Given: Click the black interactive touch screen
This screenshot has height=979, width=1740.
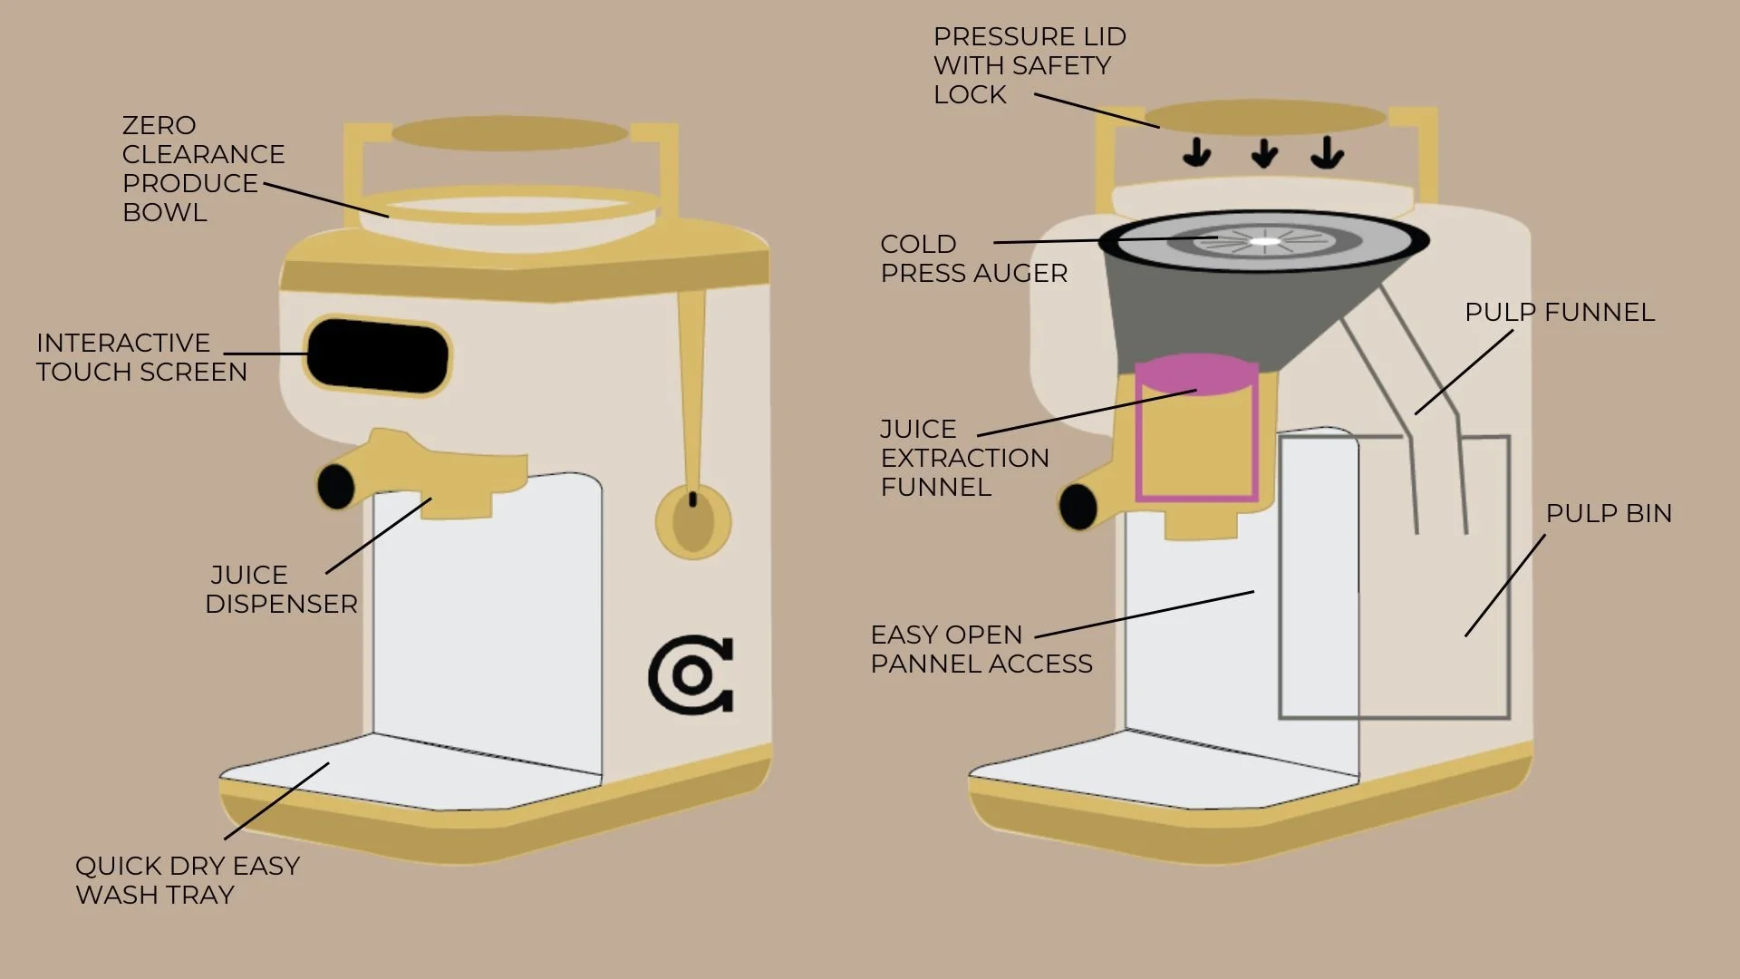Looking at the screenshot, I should pos(377,356).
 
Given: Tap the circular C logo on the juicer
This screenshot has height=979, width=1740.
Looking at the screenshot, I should pos(691,675).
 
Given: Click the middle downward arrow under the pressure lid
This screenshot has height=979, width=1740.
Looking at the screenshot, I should pos(1264,153).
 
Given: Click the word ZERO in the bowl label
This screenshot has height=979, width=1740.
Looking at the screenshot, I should pos(159,125).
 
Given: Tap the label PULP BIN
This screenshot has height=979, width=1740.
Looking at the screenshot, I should pos(1609,513).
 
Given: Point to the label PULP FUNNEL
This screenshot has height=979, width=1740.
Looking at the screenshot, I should pos(1560,312).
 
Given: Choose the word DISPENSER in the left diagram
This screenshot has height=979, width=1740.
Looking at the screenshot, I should pos(281,604).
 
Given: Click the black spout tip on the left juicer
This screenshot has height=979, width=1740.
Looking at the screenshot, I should pos(335,486).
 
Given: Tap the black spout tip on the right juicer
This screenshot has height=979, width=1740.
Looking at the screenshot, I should pos(1078,506).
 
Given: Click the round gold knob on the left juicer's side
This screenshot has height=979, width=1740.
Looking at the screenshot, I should pos(693,521).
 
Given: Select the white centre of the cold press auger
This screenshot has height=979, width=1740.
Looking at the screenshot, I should pos(1264,241).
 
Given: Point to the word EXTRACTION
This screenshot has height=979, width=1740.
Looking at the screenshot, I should pos(964,458).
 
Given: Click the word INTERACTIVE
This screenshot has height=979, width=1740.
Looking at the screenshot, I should pos(123,343).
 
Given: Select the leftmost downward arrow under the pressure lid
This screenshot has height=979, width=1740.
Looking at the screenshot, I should pos(1197,153).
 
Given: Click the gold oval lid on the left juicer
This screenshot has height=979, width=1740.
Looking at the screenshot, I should pos(509,133).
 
